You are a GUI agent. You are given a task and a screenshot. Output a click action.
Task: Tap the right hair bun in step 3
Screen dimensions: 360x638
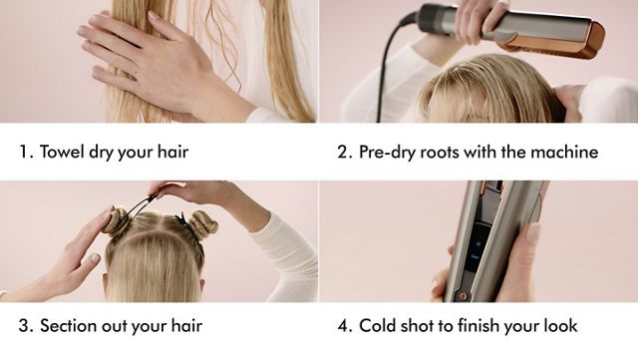pyautogui.click(x=202, y=223)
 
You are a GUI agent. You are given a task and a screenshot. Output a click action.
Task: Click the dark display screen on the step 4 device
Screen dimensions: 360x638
pyautogui.click(x=478, y=243)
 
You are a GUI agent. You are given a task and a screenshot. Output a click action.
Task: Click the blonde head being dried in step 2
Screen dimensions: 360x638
pyautogui.click(x=478, y=95)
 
